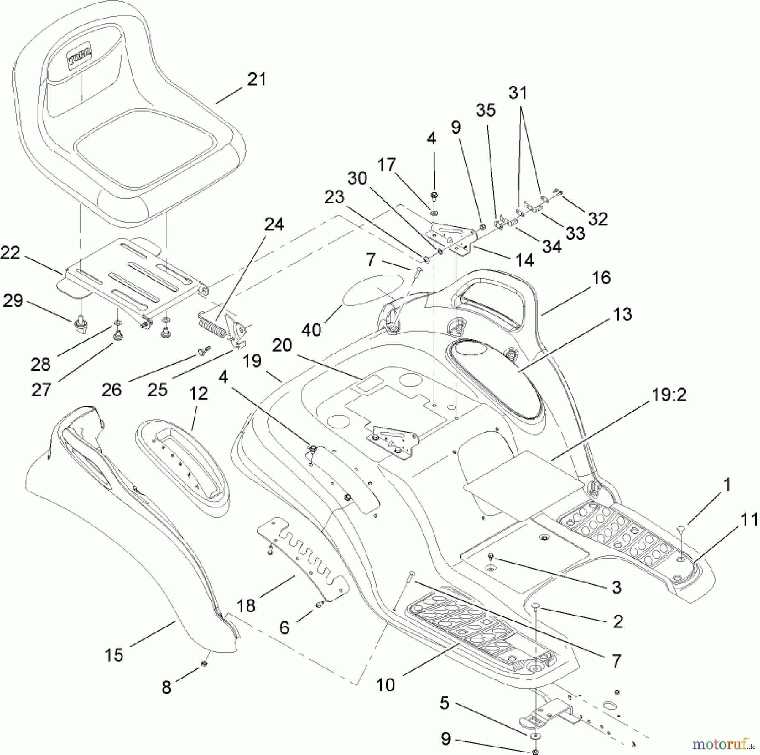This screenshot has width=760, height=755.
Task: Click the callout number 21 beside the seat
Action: (257, 79)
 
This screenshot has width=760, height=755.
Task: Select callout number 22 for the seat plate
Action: (10, 253)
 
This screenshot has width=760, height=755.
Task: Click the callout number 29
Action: (13, 301)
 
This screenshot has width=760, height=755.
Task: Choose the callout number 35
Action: (486, 110)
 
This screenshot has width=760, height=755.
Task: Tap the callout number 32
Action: (598, 219)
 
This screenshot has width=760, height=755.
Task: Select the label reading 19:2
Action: (669, 395)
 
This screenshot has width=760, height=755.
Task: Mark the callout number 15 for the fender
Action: (114, 655)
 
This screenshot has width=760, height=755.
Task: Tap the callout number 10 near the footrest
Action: (385, 685)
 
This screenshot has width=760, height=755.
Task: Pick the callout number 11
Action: (749, 520)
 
